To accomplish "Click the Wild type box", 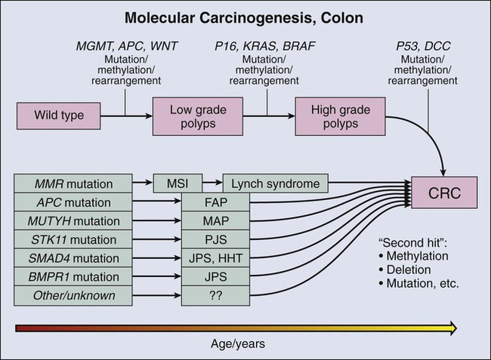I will [x=58, y=115].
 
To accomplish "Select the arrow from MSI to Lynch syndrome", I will [x=212, y=183].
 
